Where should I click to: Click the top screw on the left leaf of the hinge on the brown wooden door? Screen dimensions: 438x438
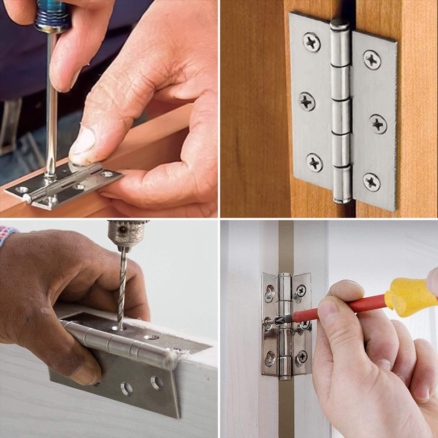tap(312, 42)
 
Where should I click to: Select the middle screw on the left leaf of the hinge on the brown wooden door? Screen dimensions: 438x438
tap(307, 101)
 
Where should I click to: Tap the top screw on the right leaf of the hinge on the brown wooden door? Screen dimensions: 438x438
tap(372, 59)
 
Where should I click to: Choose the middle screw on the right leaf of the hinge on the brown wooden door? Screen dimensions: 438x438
tap(378, 123)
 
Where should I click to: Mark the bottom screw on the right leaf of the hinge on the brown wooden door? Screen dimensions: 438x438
tap(372, 181)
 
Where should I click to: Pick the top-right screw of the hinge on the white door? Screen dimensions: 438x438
tap(300, 291)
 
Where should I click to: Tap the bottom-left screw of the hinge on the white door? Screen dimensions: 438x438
tap(270, 359)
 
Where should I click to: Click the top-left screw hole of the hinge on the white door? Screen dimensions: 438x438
tap(270, 293)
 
